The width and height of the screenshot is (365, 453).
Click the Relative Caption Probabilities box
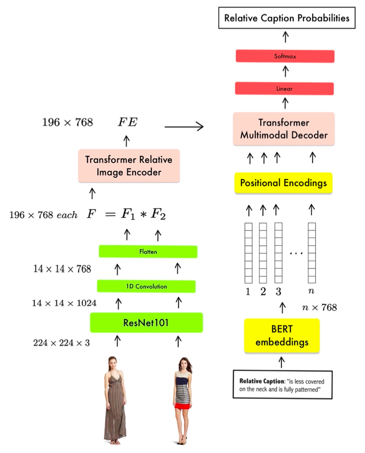click(286, 18)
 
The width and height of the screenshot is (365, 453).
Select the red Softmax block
click(285, 56)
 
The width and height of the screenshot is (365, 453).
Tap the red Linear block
click(284, 89)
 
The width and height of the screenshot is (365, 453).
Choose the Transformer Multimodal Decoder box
click(284, 129)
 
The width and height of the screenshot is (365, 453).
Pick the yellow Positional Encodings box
click(283, 183)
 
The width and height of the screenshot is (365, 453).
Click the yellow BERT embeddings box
click(282, 336)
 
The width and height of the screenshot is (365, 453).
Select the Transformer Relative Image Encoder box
click(129, 166)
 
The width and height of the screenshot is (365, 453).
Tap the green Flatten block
click(148, 251)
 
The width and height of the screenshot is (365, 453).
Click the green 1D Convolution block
click(146, 286)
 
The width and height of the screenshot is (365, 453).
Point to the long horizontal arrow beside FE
click(184, 127)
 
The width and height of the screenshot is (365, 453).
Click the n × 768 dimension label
click(319, 308)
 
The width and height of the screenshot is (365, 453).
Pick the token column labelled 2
click(263, 252)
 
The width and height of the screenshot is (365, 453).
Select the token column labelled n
click(311, 252)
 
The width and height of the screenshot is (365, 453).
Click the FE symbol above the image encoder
click(127, 123)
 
